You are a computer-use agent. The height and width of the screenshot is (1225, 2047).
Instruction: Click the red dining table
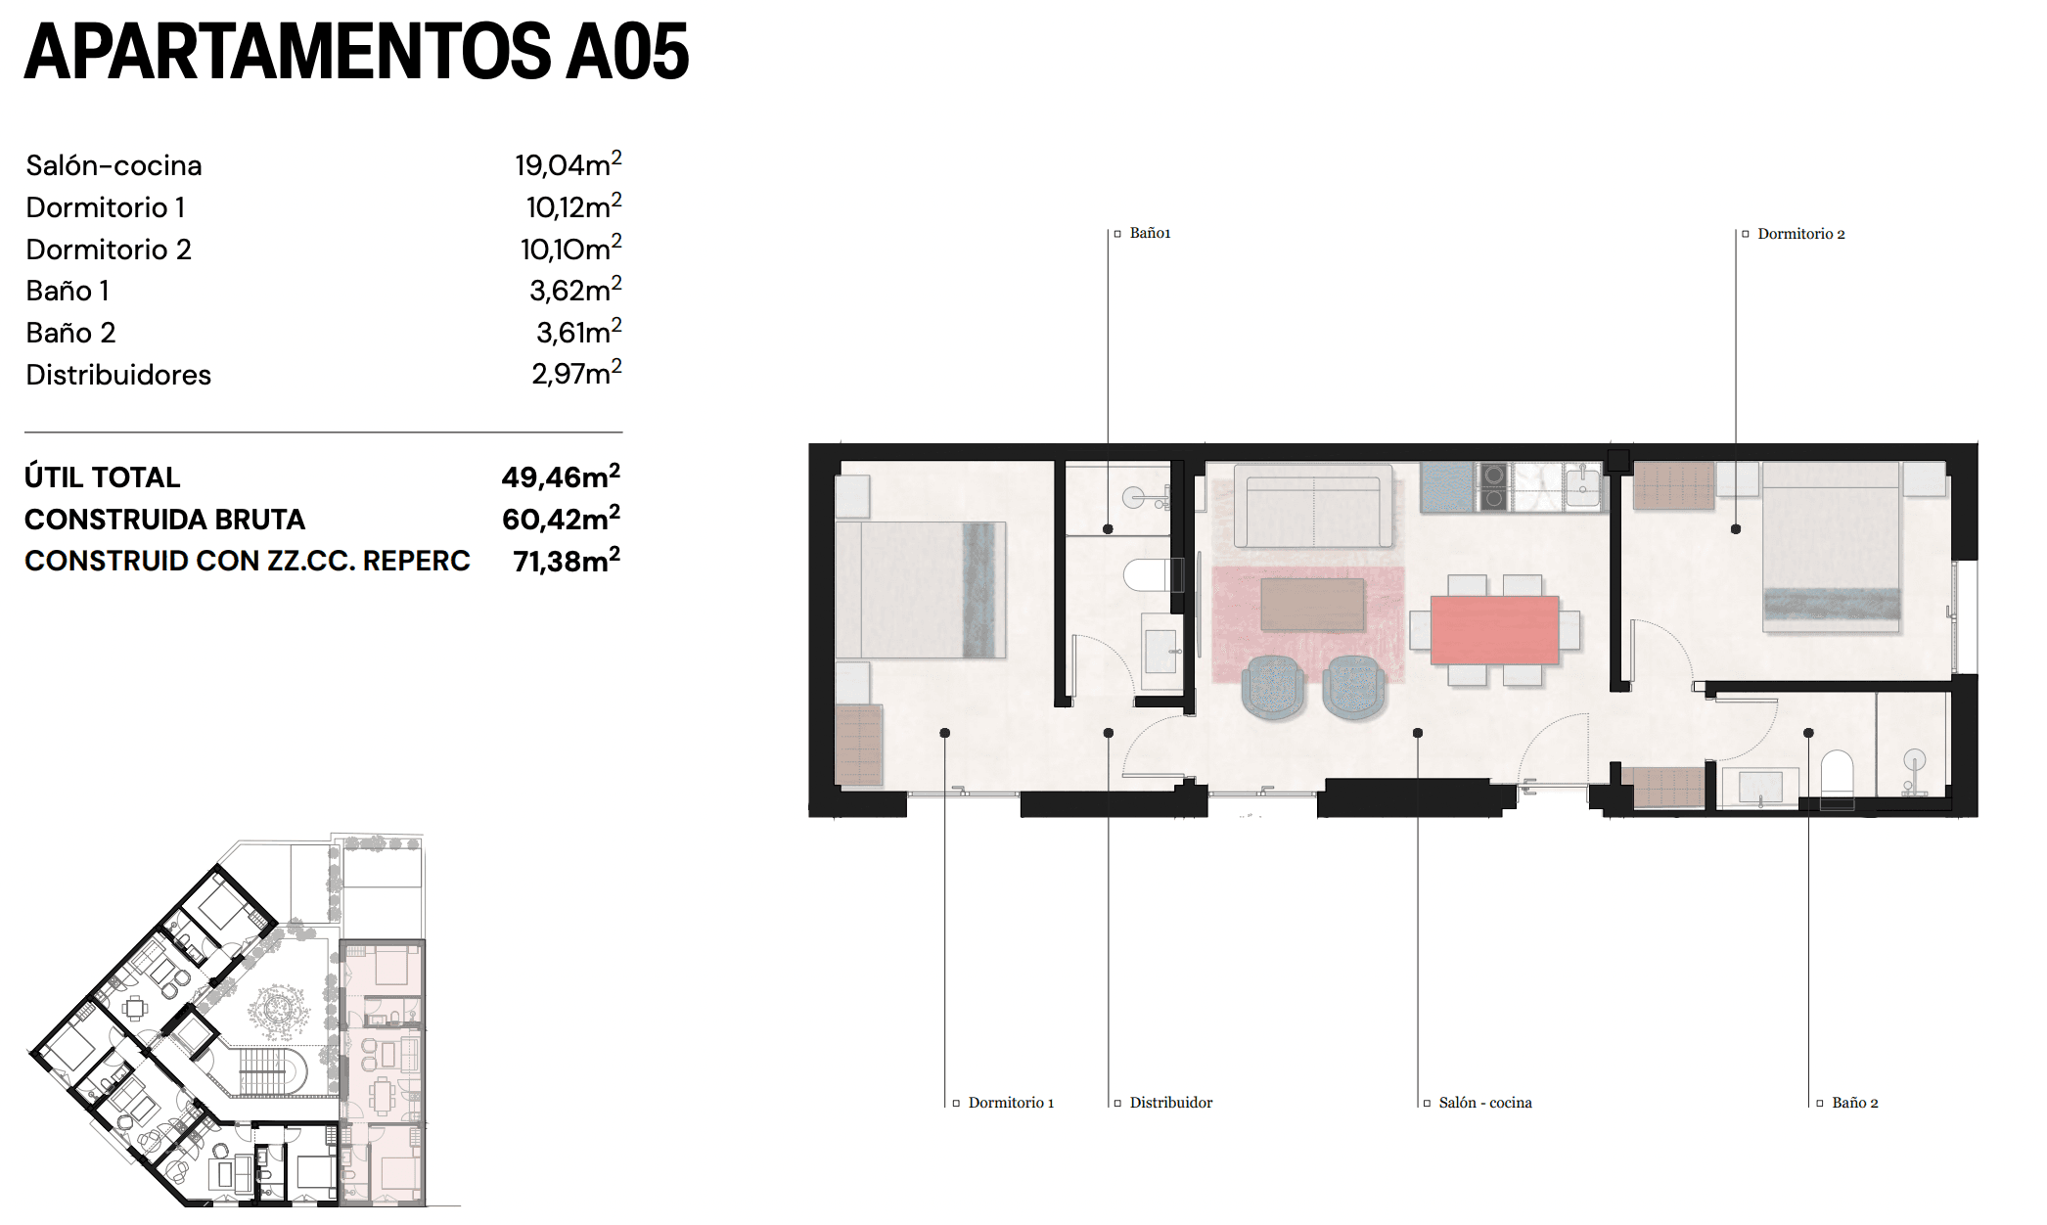click(x=1494, y=630)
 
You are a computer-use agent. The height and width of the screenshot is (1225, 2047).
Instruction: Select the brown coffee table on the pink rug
click(x=1312, y=605)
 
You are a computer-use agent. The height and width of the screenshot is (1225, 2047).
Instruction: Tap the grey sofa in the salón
click(x=1313, y=507)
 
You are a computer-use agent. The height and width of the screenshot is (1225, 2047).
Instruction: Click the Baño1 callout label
click(x=1150, y=233)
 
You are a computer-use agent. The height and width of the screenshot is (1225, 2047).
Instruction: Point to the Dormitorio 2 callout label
click(x=1800, y=234)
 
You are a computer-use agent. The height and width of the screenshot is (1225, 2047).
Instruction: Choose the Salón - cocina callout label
click(x=1484, y=1103)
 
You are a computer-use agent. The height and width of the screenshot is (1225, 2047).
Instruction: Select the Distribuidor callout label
click(x=1170, y=1103)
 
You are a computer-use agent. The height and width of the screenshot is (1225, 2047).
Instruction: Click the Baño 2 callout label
click(x=1854, y=1103)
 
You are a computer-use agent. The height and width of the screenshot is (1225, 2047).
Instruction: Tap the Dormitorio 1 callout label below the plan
click(x=1011, y=1103)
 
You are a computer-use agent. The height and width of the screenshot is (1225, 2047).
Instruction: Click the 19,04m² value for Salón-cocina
click(x=568, y=164)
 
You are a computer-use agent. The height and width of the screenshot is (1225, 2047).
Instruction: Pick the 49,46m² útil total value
click(x=561, y=476)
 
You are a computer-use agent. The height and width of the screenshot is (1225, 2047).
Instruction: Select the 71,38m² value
click(x=567, y=561)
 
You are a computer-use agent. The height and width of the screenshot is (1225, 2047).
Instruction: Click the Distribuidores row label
click(x=118, y=375)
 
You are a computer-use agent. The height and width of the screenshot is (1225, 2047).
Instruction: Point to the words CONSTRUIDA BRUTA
click(x=164, y=520)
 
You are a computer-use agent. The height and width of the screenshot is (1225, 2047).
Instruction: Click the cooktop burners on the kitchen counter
click(x=1493, y=487)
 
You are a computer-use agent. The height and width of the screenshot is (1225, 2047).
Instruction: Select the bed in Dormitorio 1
click(x=921, y=590)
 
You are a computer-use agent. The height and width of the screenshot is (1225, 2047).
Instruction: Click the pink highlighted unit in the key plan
click(x=383, y=1071)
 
